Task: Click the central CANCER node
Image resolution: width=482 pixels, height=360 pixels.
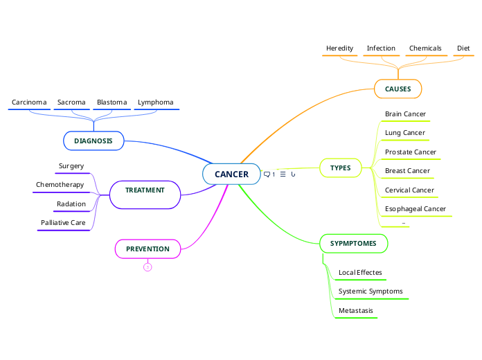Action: point(231,174)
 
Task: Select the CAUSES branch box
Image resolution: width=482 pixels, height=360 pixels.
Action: point(398,89)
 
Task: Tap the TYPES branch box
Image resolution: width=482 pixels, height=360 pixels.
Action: point(340,168)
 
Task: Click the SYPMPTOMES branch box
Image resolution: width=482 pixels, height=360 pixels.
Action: point(353,243)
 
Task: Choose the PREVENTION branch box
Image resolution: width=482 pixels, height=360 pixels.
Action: point(148,249)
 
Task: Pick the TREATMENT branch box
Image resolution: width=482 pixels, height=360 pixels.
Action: point(145,190)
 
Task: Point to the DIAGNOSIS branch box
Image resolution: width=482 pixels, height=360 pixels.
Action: point(93,141)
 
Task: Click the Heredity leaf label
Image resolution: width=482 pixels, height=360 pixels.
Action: point(339,48)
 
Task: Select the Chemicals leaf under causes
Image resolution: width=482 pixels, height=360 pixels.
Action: point(425,48)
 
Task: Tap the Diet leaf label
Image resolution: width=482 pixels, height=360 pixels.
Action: point(463,48)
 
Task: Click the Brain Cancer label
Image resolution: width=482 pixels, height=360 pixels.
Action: point(405,114)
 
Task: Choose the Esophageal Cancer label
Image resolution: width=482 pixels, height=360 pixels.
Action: point(416,208)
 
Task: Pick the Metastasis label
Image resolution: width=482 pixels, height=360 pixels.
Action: point(356,310)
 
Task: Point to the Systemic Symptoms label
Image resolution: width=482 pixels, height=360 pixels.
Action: point(371,291)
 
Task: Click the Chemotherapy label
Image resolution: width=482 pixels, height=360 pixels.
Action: point(60,185)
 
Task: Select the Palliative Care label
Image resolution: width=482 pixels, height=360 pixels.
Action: point(63,223)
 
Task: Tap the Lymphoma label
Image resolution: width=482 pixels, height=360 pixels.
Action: point(156,102)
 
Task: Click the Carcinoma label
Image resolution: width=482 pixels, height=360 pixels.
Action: point(29,102)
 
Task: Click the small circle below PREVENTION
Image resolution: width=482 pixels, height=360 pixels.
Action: point(148,267)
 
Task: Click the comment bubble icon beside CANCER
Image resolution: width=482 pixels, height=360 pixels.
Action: point(267,174)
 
